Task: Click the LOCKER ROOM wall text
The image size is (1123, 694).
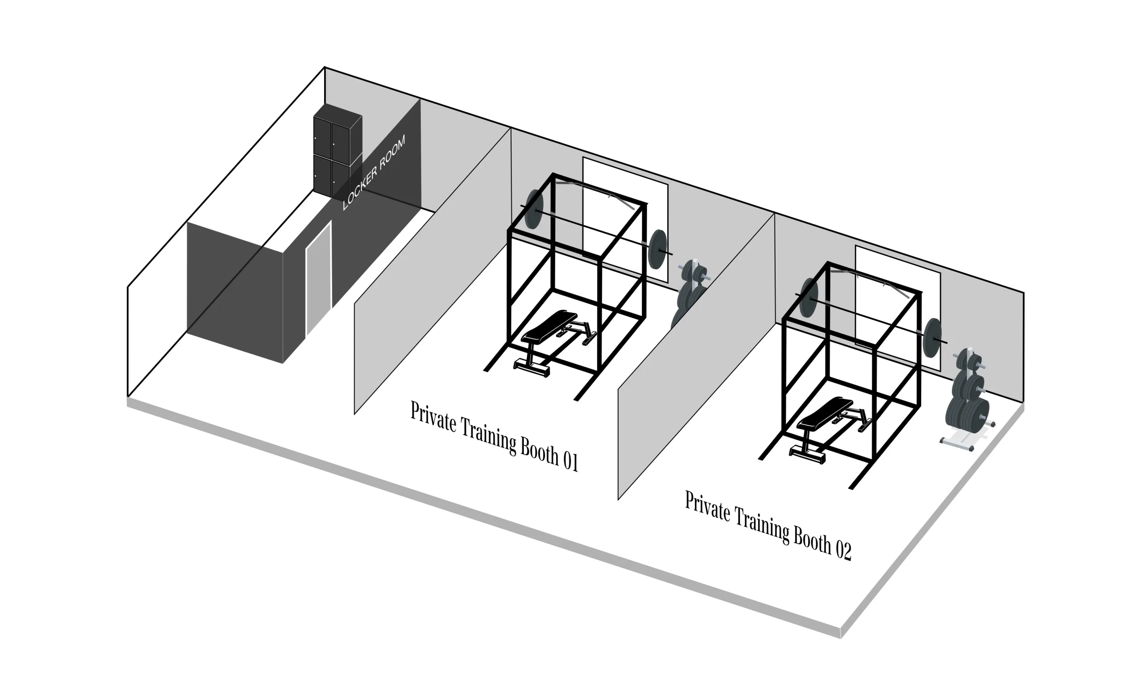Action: [374, 172]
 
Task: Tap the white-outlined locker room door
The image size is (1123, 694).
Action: [318, 278]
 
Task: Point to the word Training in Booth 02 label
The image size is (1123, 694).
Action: [762, 523]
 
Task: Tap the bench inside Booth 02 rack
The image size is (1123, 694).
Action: [828, 429]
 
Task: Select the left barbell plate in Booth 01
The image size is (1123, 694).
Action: [534, 209]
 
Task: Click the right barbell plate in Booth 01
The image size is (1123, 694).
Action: [657, 249]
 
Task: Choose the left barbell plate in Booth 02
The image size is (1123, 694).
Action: [808, 298]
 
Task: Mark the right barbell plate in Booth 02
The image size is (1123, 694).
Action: [932, 337]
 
